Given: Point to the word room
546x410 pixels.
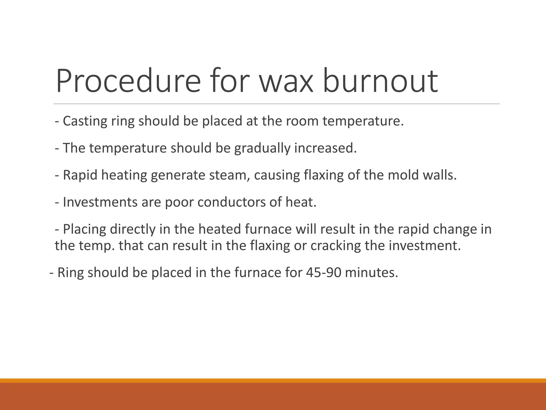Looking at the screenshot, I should point(302,121).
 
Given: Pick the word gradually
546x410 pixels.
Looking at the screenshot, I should point(262,148).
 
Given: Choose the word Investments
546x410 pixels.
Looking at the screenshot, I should point(100,202).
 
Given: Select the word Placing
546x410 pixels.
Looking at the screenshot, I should point(84,229).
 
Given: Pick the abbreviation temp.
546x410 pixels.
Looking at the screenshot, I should point(97,246).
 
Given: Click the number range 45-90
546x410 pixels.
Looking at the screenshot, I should point(323,273).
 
